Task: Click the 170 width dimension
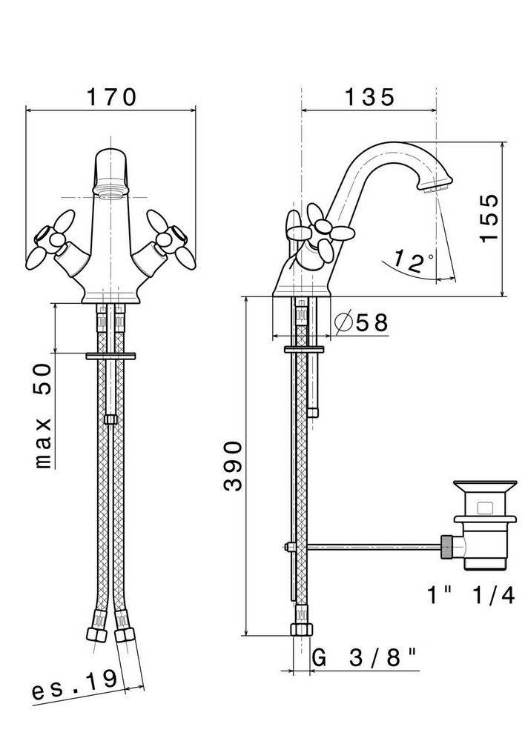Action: point(112,97)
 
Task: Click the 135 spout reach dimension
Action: point(369,97)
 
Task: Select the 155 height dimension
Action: point(489,218)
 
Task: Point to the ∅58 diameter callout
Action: point(361,322)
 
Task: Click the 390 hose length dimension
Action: point(233,467)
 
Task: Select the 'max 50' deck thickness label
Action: point(44,416)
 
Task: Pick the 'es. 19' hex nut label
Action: point(74,684)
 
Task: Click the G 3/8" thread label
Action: point(365,657)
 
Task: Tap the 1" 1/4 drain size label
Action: point(470,595)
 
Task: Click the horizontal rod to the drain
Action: point(374,547)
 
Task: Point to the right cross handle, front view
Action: point(171,239)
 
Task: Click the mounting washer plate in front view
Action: point(110,356)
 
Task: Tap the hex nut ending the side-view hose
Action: point(301,629)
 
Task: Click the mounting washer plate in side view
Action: point(304,349)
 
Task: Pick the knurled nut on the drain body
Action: point(447,548)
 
